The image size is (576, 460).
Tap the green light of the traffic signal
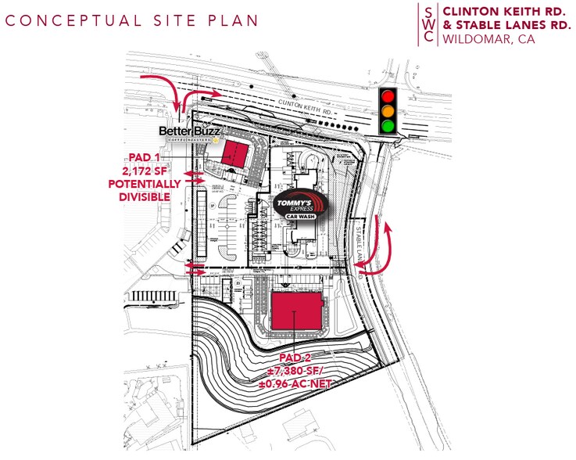(x=387, y=126)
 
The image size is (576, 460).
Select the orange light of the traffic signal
(x=387, y=111)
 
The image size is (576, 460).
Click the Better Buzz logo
(x=191, y=132)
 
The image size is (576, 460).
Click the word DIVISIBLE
(x=145, y=196)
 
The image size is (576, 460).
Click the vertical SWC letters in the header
(x=427, y=24)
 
